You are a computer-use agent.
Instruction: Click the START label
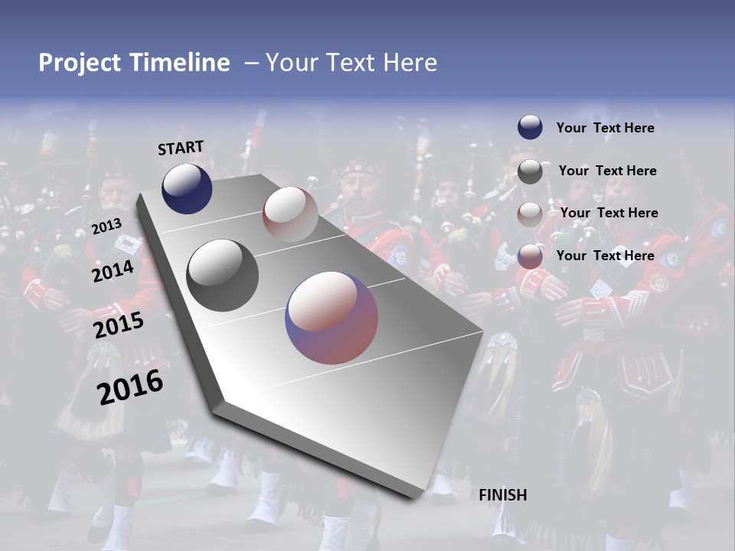181,147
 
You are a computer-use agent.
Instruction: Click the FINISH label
502,495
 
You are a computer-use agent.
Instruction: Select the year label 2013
106,227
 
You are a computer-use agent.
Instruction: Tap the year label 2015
118,325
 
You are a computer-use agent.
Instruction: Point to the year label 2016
130,387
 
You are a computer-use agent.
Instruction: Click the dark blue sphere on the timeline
187,188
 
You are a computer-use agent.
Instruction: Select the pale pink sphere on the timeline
290,214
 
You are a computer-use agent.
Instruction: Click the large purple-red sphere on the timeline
332,318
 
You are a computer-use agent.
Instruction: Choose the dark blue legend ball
530,128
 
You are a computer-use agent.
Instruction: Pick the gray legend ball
530,171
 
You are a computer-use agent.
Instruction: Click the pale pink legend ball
530,214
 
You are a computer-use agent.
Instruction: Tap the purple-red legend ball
530,256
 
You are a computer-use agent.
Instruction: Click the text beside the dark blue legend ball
605,129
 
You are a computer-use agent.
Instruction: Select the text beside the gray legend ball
607,171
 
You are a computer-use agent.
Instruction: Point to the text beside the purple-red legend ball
605,256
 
